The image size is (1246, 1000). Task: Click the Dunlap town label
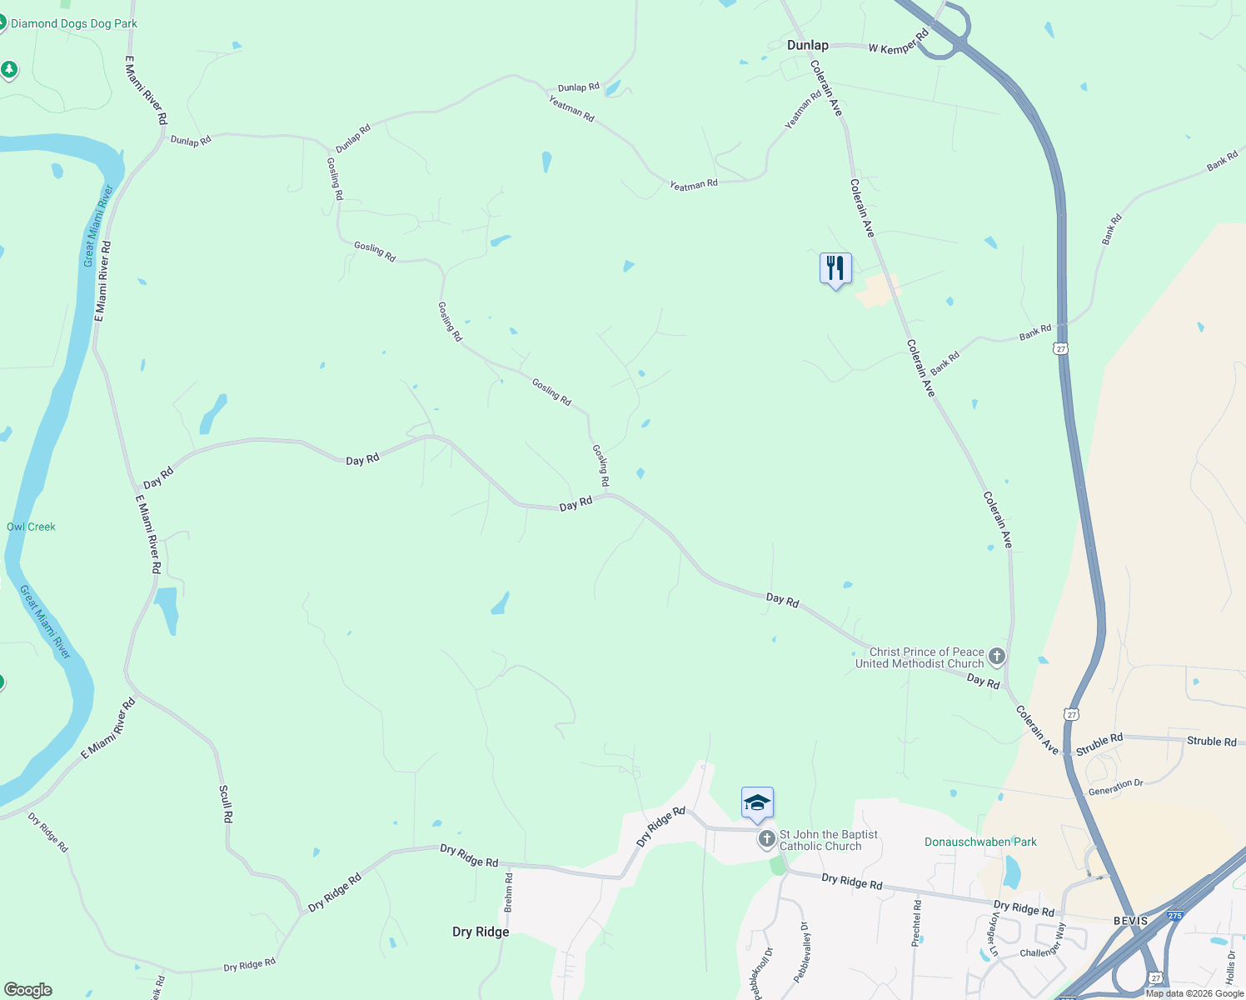[807, 45]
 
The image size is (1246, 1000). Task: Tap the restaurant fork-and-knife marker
[835, 269]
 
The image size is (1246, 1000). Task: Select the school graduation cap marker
[757, 803]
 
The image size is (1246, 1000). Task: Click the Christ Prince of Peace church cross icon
[996, 657]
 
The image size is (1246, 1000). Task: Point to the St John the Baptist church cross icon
[766, 839]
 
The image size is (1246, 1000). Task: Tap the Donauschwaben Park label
[980, 842]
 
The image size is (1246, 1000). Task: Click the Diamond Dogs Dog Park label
[73, 23]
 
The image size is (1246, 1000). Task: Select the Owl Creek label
[31, 527]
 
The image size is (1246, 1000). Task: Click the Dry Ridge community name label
[481, 932]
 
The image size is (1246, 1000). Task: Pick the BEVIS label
[1130, 921]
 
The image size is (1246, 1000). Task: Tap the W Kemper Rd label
[898, 43]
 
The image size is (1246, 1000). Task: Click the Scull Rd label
[225, 803]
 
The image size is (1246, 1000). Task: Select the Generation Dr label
[1116, 787]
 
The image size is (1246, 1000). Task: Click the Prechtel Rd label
[916, 922]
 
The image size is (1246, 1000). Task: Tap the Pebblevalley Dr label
[802, 952]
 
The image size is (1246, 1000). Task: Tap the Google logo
[27, 990]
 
